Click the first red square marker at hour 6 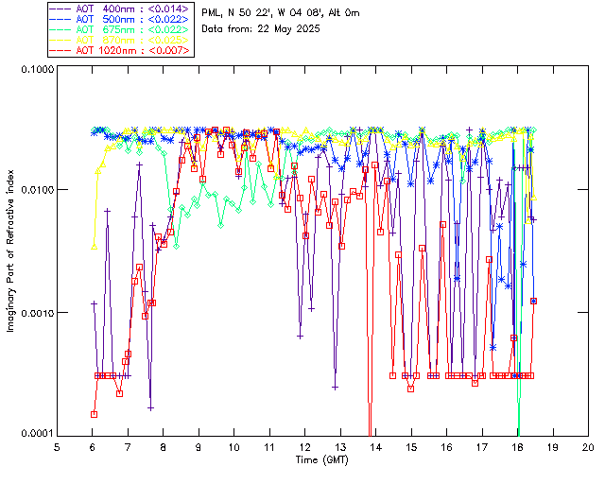tap(95, 414)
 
